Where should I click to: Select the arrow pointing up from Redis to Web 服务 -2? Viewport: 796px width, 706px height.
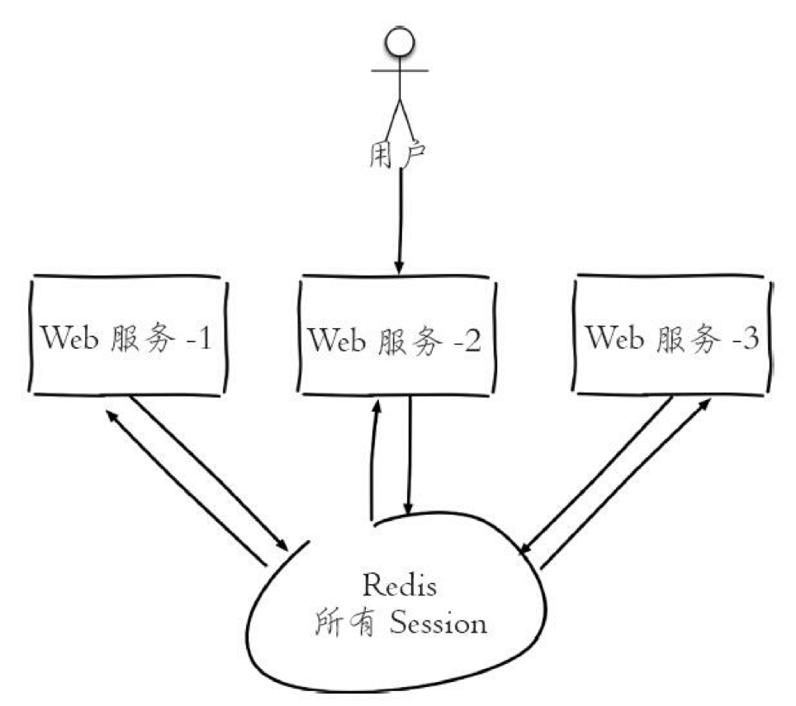pyautogui.click(x=373, y=462)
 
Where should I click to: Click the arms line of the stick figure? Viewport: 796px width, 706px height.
pyautogui.click(x=400, y=71)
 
